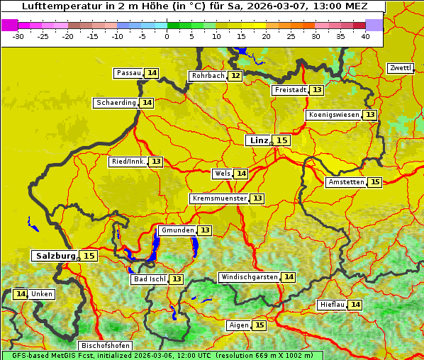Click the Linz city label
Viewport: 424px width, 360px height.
(258, 140)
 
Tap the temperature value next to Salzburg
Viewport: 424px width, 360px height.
(89, 256)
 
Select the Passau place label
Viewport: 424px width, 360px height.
(129, 73)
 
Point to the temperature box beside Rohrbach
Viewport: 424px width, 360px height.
(235, 76)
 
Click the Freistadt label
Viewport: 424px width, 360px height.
(290, 90)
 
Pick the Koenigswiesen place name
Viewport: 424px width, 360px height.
(333, 115)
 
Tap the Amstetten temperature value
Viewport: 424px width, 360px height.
(374, 182)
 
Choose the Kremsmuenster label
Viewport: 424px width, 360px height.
(219, 199)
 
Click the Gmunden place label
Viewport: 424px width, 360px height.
(177, 230)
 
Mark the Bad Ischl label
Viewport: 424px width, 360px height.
(149, 279)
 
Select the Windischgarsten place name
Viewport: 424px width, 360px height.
(249, 277)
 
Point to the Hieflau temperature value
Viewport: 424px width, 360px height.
(355, 305)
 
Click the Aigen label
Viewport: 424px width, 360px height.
(239, 325)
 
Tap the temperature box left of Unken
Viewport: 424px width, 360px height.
(21, 294)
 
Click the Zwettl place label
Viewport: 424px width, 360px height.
(400, 68)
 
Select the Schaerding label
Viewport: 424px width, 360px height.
(116, 103)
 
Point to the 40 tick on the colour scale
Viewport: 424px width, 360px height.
(365, 35)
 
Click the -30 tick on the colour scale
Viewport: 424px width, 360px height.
(18, 35)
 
